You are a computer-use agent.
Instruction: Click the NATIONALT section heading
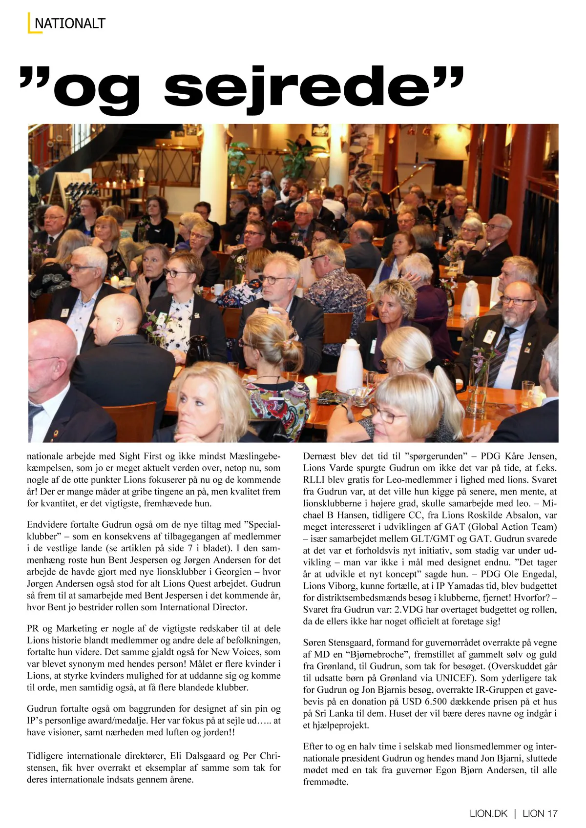tap(70, 23)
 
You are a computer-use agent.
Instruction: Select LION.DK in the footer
tap(488, 813)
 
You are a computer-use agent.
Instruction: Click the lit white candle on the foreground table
tap(311, 386)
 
